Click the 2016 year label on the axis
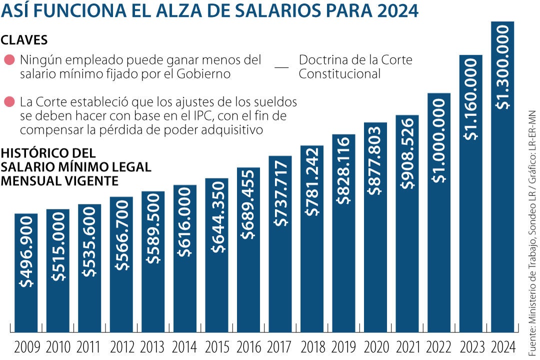tap(248, 346)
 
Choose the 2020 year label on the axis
tap(375, 346)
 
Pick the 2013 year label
tap(153, 346)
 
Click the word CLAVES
tap(24, 39)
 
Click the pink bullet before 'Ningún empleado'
tap(9, 60)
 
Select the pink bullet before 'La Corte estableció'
tap(9, 102)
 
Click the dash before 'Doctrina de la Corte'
tap(282, 67)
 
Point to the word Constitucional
tap(340, 74)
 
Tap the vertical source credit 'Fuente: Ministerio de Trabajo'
tap(531, 225)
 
